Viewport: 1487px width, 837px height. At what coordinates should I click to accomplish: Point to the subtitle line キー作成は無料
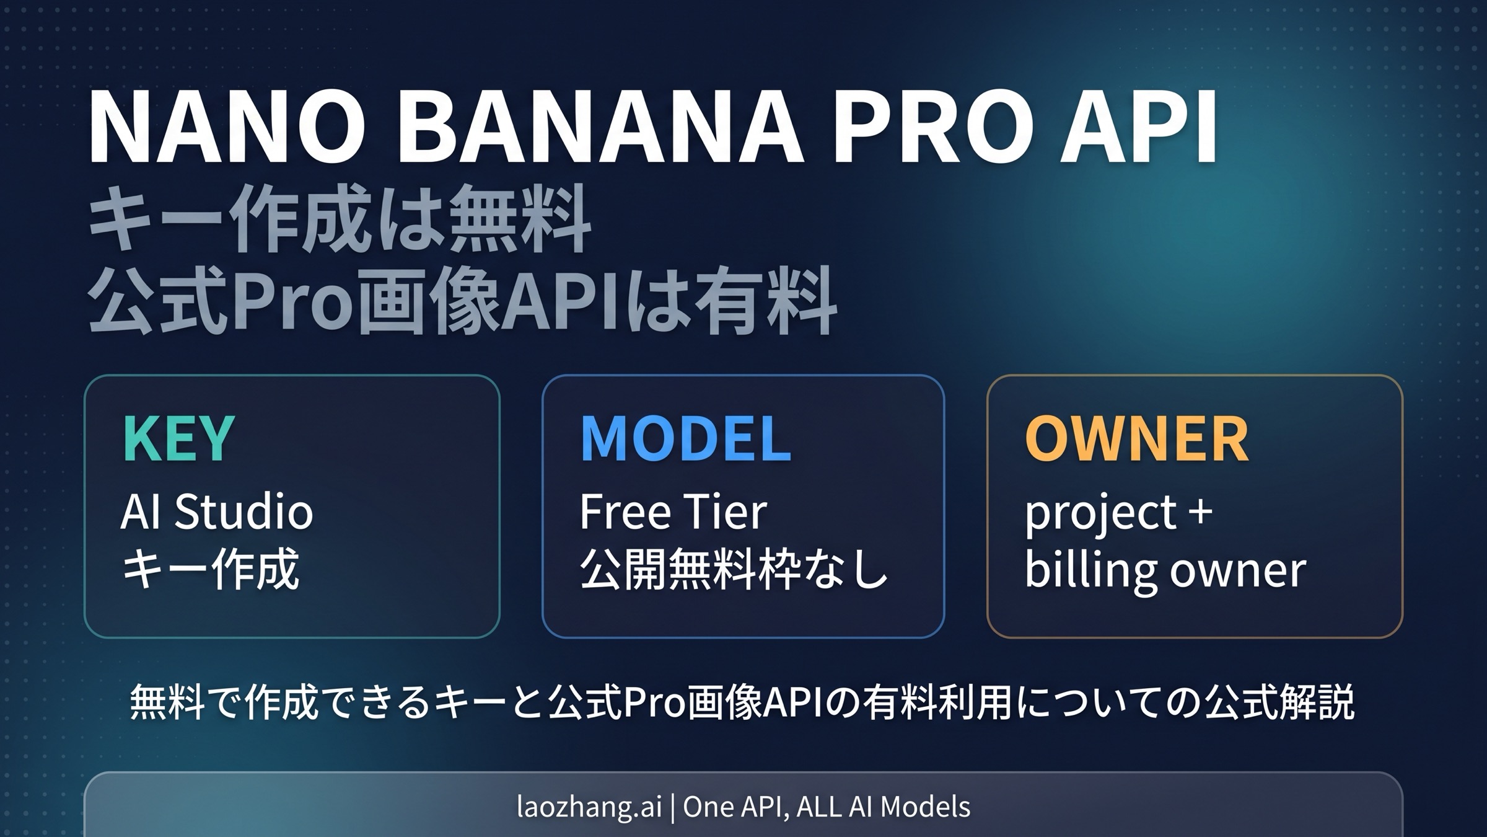340,219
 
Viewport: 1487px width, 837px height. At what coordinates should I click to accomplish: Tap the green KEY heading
178,438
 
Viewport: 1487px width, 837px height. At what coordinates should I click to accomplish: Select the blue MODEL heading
685,438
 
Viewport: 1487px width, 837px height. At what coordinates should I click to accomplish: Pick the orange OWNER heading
1136,438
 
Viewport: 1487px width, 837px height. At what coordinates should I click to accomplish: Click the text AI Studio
217,512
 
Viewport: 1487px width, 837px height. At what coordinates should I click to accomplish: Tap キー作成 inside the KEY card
211,568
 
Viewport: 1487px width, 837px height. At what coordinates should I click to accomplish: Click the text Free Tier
673,512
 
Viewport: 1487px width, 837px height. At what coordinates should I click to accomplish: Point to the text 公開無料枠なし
734,568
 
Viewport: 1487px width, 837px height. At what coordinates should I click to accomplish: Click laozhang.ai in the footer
589,807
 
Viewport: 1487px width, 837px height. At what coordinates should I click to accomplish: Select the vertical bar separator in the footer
673,807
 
